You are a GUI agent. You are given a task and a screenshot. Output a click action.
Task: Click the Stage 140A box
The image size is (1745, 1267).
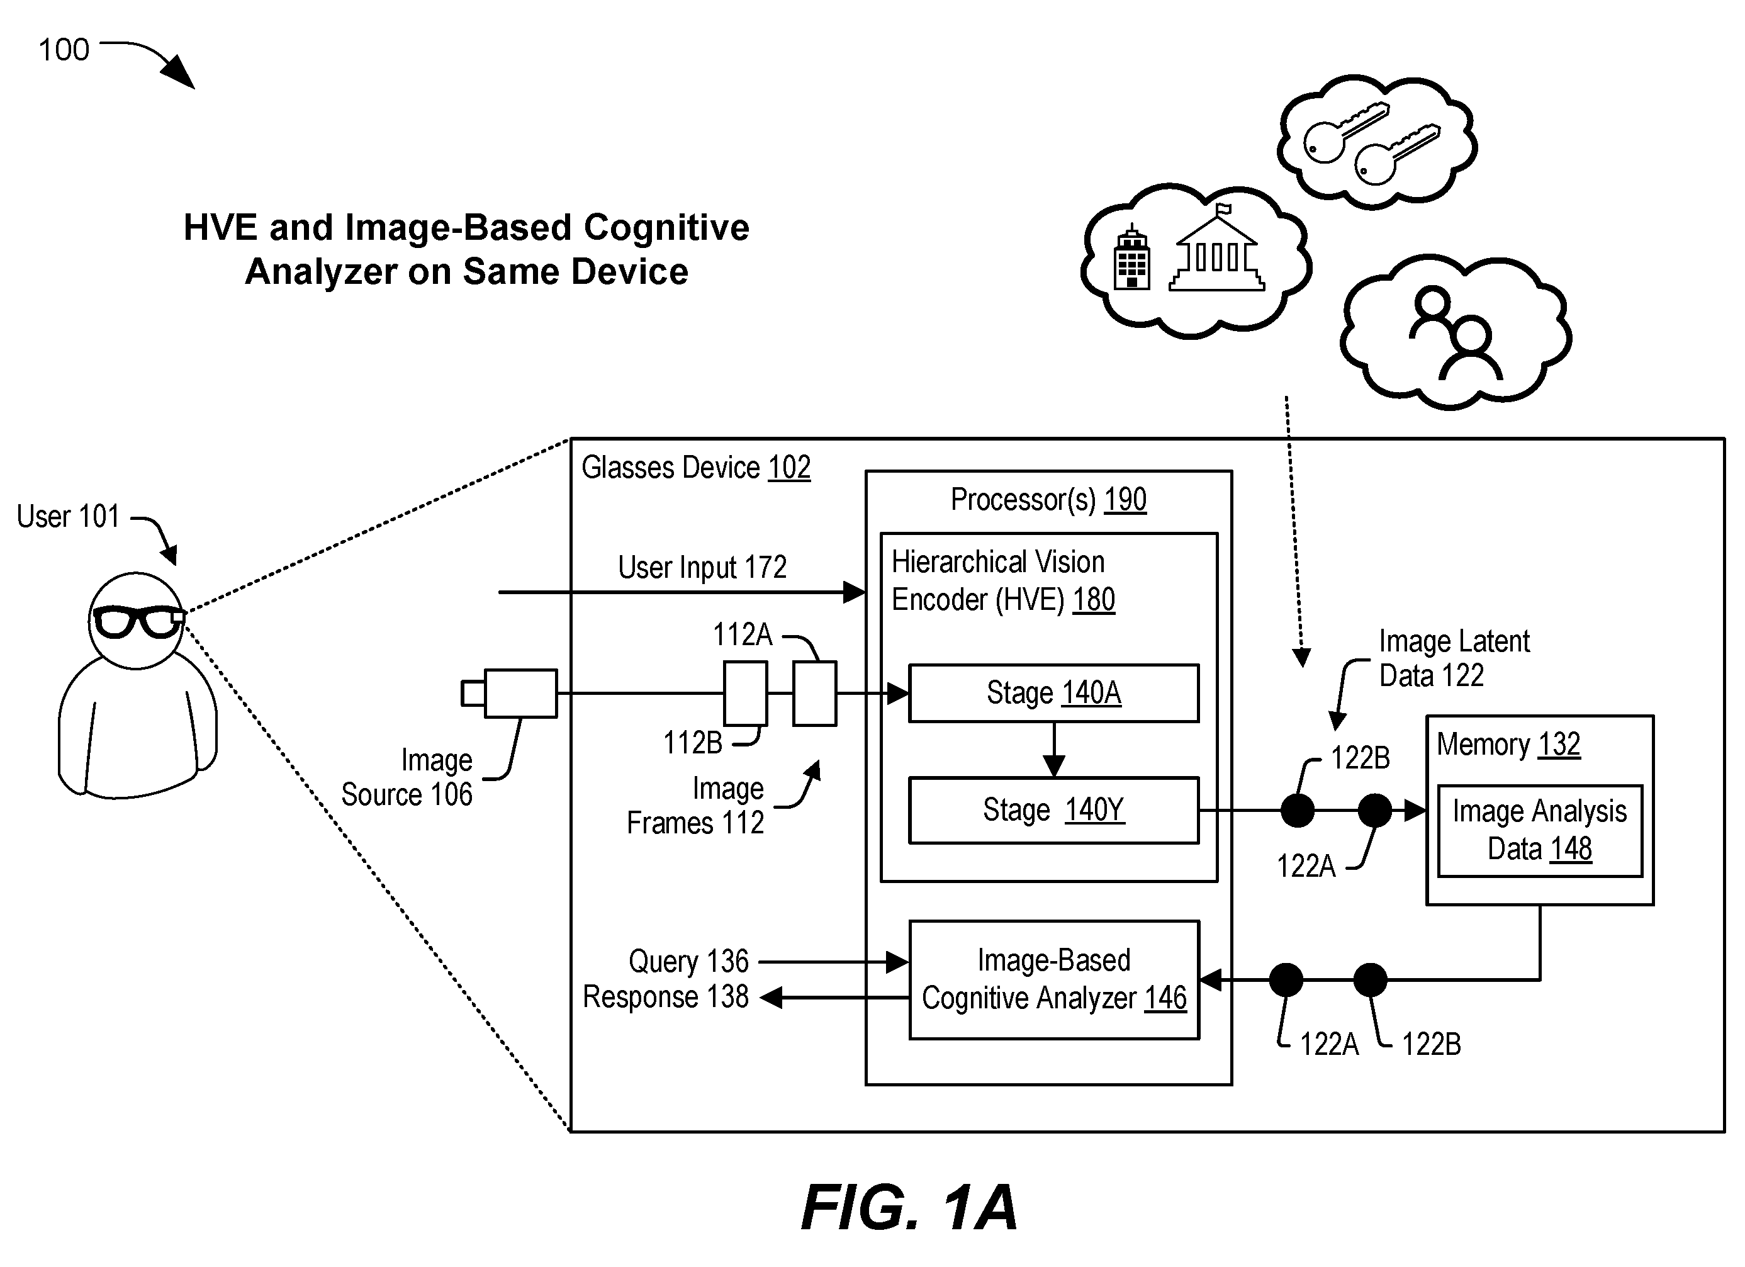pos(1053,693)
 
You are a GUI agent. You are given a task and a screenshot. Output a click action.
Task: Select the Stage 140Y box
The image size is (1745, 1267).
pos(1053,810)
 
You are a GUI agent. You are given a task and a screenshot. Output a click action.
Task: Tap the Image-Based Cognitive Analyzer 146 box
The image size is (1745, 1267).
pos(1054,980)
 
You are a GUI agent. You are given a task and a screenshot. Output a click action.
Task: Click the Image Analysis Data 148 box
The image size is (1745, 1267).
pos(1540,831)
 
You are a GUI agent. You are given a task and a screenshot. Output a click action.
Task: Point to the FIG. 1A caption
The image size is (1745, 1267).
pos(909,1208)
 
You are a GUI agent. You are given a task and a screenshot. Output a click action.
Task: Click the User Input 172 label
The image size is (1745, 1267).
pos(702,567)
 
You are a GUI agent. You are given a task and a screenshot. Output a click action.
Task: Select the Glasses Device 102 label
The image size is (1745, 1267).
pos(695,467)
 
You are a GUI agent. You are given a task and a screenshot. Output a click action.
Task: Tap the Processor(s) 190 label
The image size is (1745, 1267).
pos(1048,500)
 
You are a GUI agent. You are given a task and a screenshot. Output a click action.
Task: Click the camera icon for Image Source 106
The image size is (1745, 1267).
pos(509,694)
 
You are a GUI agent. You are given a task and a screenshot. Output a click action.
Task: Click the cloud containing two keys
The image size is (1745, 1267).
pos(1376,142)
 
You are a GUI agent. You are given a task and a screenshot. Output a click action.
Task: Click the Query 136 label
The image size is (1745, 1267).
pos(688,961)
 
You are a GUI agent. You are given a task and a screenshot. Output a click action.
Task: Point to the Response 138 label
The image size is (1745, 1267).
pos(666,997)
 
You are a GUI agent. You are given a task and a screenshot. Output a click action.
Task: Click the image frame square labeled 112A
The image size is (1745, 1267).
pos(815,694)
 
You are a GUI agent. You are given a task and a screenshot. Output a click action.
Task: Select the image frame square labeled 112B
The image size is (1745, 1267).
pos(746,694)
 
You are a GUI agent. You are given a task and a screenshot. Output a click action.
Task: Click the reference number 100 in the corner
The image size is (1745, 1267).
pos(64,50)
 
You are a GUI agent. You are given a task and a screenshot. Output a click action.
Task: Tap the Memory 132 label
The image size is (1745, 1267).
pos(1508,745)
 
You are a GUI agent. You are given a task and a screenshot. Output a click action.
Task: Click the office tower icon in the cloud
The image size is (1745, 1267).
pos(1133,257)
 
